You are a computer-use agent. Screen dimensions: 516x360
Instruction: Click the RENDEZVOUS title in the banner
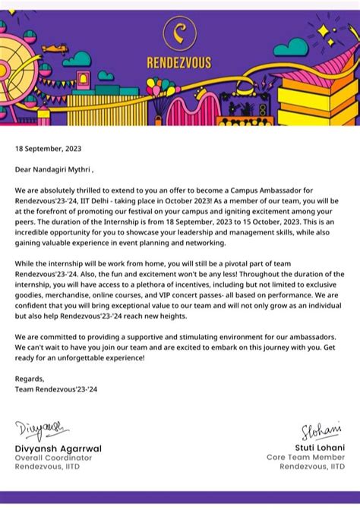point(179,63)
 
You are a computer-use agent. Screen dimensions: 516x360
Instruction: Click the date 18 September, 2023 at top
point(48,149)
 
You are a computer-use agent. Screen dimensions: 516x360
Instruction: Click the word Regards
point(30,379)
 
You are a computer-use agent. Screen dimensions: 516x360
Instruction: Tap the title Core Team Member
point(305,458)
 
